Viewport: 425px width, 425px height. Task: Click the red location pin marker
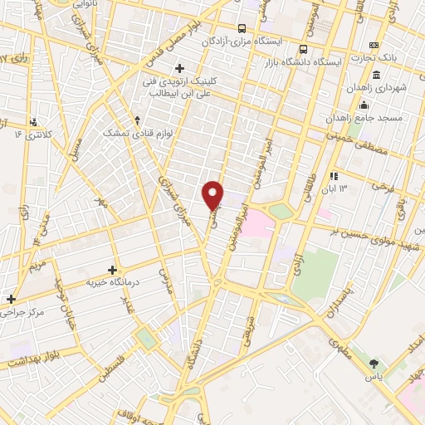click(213, 195)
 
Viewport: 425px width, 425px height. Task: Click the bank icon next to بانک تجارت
click(374, 44)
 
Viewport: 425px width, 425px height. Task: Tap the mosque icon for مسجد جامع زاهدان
click(363, 105)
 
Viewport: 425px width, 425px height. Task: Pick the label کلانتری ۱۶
click(34, 133)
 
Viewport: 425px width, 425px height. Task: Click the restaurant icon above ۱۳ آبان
click(333, 176)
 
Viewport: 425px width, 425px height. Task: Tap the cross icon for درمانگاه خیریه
click(112, 270)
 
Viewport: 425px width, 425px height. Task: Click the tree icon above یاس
click(374, 363)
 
